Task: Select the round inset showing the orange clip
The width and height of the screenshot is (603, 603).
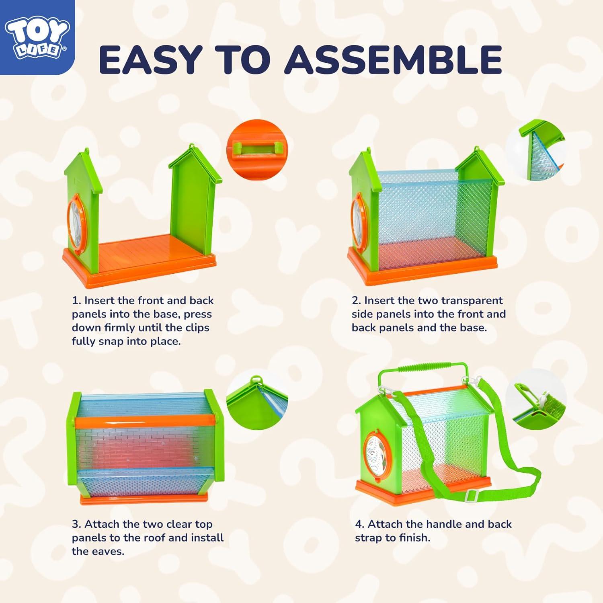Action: (257, 149)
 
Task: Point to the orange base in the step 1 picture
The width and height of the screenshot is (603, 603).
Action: (141, 261)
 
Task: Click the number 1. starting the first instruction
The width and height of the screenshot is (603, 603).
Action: (76, 301)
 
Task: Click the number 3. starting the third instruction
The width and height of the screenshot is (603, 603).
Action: (77, 524)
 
